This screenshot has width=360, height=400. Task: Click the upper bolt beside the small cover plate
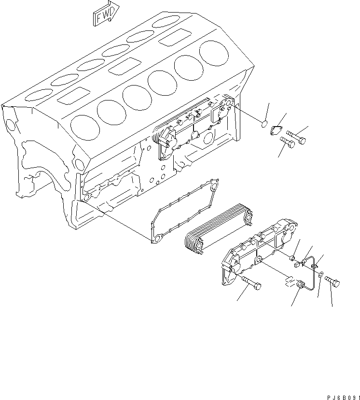coord(296,138)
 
